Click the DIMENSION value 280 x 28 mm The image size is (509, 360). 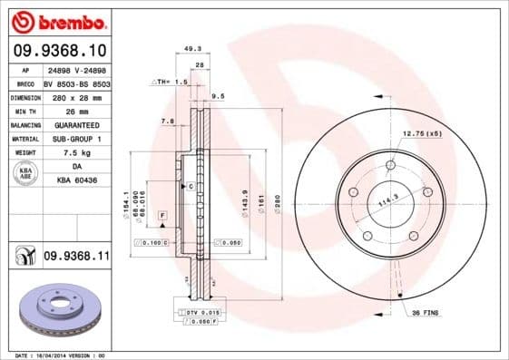(75, 96)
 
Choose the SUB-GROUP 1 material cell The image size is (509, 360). (75, 139)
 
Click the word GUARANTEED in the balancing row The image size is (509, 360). (75, 124)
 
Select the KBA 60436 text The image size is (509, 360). (75, 181)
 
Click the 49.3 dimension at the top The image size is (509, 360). (192, 49)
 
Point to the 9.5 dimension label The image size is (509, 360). (219, 95)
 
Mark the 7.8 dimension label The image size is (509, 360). (168, 121)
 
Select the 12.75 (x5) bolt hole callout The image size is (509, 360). (422, 133)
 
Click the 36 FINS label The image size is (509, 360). (427, 313)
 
